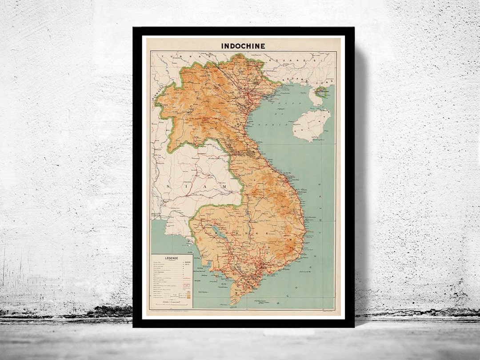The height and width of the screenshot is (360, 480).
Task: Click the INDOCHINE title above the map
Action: [243, 45]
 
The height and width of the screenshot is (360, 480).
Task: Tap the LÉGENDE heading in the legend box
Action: [172, 258]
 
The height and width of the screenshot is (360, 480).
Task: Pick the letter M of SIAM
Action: [225, 185]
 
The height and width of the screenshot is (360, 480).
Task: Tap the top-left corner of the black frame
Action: [134, 28]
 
